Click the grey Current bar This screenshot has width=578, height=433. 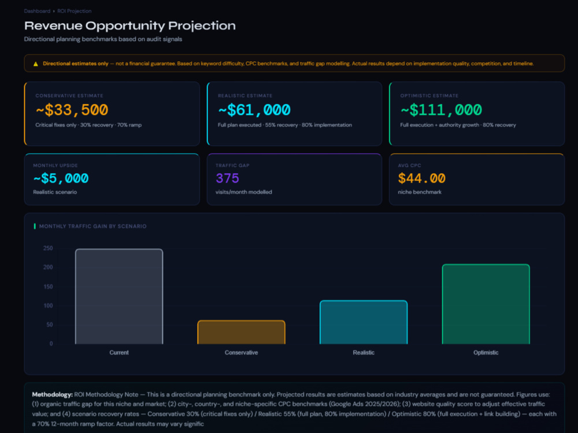tap(119, 296)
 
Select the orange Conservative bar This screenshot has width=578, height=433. tap(242, 332)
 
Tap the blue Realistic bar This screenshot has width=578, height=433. tap(364, 322)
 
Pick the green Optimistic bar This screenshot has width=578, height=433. tap(486, 304)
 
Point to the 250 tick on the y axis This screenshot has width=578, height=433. tap(48, 248)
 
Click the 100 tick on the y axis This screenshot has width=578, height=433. tap(48, 305)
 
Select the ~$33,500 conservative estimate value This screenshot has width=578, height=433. tap(72, 110)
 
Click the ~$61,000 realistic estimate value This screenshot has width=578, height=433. tap(254, 110)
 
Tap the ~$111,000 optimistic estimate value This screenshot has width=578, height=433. tap(441, 110)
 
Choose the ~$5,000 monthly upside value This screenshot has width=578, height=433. tap(61, 178)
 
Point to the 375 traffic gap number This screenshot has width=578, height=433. tap(227, 178)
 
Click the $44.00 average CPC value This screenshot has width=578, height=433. tap(422, 178)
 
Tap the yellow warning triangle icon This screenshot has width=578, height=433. tap(36, 64)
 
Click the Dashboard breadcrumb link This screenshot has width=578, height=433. tap(37, 11)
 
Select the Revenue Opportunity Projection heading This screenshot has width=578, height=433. tap(129, 25)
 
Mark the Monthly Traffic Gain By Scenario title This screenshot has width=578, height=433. tap(93, 226)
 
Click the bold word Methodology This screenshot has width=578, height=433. tap(53, 394)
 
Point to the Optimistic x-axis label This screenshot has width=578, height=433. tap(486, 352)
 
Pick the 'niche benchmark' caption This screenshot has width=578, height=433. tap(420, 192)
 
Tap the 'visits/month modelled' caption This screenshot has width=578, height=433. tap(244, 192)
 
